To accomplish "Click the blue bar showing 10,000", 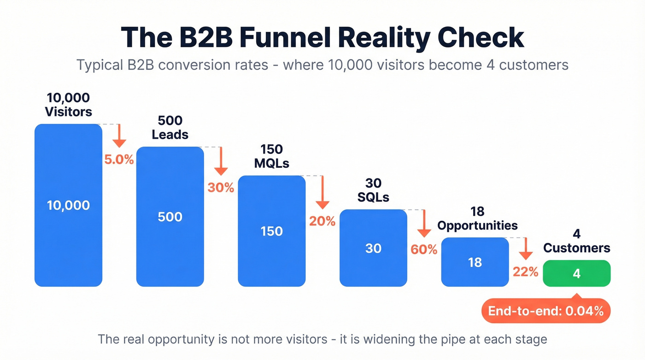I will [x=68, y=205].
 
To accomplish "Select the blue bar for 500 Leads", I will [x=170, y=217].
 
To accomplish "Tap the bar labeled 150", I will [x=271, y=231].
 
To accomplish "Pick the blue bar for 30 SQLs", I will [x=373, y=248].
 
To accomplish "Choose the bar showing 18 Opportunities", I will [x=475, y=262].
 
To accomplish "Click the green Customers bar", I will [x=577, y=273].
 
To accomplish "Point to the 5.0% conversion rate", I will [x=119, y=160].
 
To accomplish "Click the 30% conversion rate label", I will [x=221, y=188].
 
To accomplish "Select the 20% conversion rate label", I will [x=322, y=221].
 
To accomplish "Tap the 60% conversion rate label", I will [x=424, y=250].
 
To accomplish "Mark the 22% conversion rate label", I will [x=526, y=272].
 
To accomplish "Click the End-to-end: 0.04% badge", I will [x=546, y=311].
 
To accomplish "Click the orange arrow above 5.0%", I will [x=119, y=136].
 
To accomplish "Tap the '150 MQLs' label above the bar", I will [x=271, y=156].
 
